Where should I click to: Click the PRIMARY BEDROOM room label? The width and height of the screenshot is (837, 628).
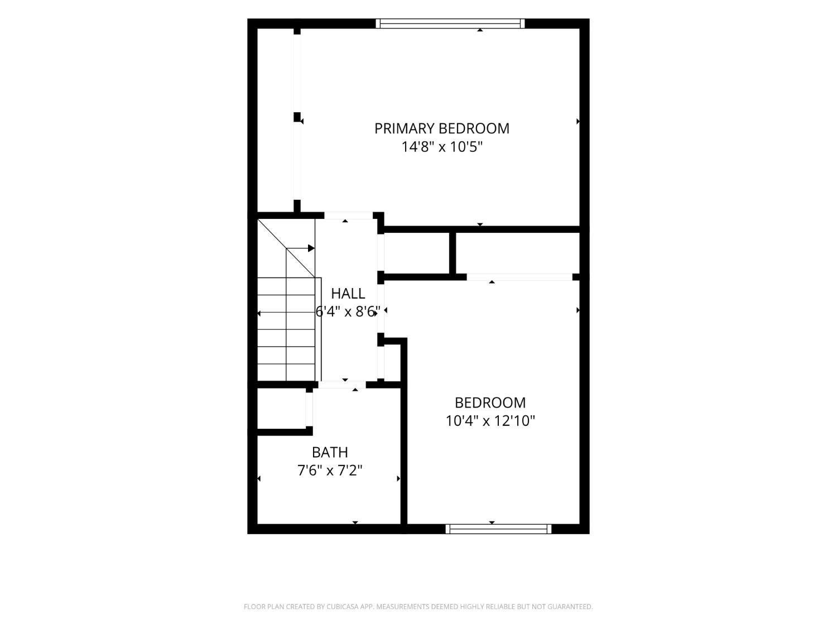(441, 128)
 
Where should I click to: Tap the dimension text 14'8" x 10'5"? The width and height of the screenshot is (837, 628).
(442, 147)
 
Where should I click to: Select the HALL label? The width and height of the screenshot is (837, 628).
(348, 294)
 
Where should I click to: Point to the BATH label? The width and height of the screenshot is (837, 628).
(330, 452)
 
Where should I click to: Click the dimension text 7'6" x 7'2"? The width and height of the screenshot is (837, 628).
(330, 471)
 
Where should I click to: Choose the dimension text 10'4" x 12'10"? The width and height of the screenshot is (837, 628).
(490, 421)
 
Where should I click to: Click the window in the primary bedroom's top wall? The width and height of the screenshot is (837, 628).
(450, 23)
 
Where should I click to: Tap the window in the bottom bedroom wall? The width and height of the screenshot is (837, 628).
(498, 529)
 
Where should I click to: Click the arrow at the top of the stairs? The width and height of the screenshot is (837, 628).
(300, 248)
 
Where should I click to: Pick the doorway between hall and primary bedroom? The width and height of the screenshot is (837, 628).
(348, 215)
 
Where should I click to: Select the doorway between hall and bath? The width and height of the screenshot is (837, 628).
(342, 385)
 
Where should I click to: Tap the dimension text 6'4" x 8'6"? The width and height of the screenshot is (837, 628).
(348, 312)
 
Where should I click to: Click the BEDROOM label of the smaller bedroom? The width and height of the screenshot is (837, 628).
(490, 402)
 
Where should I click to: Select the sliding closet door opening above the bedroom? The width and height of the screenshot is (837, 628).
(519, 277)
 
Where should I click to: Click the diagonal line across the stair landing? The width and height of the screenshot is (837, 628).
(286, 248)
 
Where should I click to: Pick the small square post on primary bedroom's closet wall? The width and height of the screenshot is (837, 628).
(297, 117)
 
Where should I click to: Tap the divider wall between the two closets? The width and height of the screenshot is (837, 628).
(452, 253)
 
